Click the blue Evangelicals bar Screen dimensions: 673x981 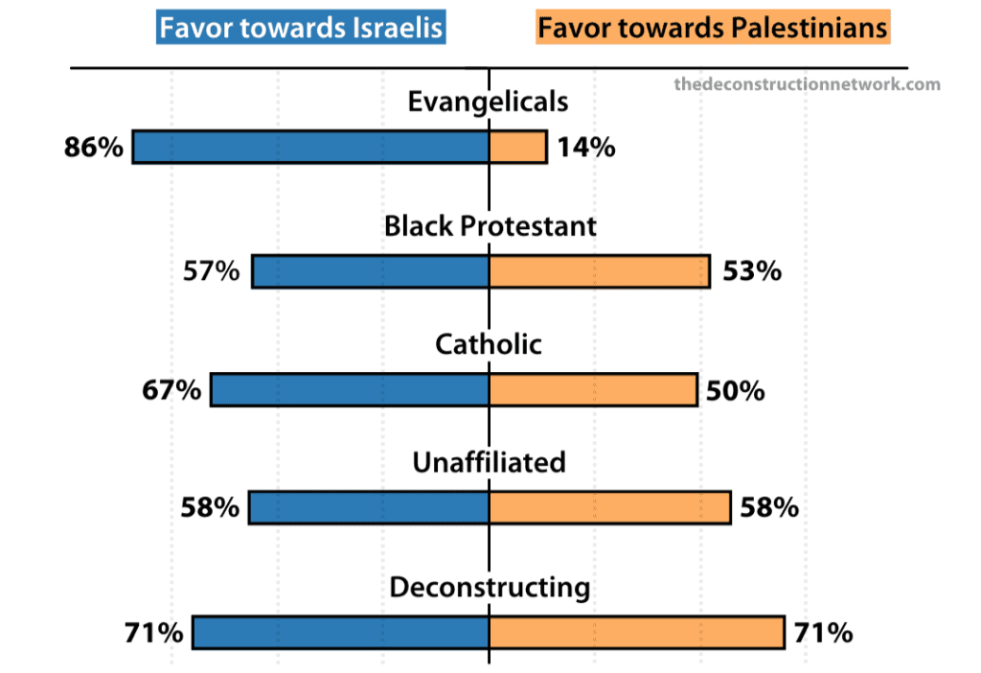pyautogui.click(x=310, y=147)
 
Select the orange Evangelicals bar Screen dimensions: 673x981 pyautogui.click(x=518, y=147)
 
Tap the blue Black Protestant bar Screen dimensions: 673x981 pyautogui.click(x=370, y=271)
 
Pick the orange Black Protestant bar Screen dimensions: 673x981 pyautogui.click(x=600, y=271)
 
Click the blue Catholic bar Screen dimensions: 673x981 pyautogui.click(x=350, y=390)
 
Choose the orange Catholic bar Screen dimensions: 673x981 pyautogui.click(x=593, y=390)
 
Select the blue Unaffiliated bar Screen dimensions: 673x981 pyautogui.click(x=369, y=507)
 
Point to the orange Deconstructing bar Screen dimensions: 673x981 pyautogui.click(x=637, y=633)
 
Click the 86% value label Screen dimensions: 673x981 pyautogui.click(x=94, y=148)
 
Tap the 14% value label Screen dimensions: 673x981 pyautogui.click(x=584, y=148)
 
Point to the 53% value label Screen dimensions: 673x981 pyautogui.click(x=752, y=271)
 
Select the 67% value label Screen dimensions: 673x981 pyautogui.click(x=172, y=390)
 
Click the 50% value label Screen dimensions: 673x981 pyautogui.click(x=736, y=390)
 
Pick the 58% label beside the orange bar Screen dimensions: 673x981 pyautogui.click(x=769, y=507)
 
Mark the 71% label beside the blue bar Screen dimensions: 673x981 pyautogui.click(x=153, y=633)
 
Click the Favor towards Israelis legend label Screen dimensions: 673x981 pyautogui.click(x=301, y=27)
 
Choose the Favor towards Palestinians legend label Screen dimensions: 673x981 pyautogui.click(x=713, y=27)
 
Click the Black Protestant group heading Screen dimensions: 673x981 pyautogui.click(x=490, y=226)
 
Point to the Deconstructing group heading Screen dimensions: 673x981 pyautogui.click(x=490, y=587)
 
